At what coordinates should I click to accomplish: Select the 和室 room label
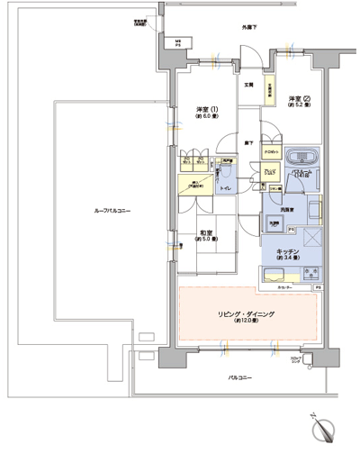pyautogui.click(x=206, y=235)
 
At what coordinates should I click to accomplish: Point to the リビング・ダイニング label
pyautogui.click(x=245, y=314)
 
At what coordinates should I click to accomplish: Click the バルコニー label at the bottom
pyautogui.click(x=238, y=377)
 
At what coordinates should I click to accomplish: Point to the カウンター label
pyautogui.click(x=284, y=287)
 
